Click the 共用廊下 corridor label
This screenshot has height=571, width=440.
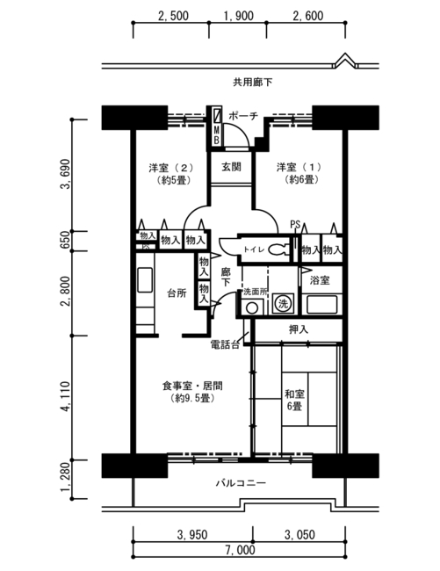(x=252, y=83)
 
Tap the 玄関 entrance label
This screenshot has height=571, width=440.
(x=231, y=167)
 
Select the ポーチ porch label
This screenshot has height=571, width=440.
(x=243, y=116)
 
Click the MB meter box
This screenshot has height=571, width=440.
(x=216, y=126)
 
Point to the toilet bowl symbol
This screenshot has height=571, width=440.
(x=278, y=249)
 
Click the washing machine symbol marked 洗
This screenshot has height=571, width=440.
(x=283, y=303)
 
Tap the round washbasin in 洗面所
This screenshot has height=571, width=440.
(x=252, y=307)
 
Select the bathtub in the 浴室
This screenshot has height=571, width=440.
(x=321, y=305)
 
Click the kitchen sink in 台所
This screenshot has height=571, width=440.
(x=145, y=279)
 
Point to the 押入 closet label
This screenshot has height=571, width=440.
(x=299, y=329)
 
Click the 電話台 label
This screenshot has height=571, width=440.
(x=226, y=344)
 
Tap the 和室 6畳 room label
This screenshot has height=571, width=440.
(x=295, y=401)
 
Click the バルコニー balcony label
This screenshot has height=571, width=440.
(x=241, y=483)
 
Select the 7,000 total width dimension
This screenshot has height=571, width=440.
(x=240, y=550)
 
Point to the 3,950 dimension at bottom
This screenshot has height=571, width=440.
(x=192, y=535)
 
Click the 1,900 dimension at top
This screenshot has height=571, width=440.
(x=239, y=16)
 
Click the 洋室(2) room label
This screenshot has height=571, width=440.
(x=171, y=173)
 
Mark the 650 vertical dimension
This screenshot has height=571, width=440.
(x=66, y=241)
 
